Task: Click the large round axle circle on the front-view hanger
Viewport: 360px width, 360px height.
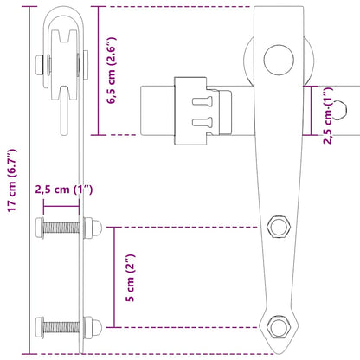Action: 278,59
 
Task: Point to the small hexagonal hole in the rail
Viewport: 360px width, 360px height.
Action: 345,112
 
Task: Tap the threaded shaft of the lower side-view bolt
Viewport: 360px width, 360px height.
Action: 65,327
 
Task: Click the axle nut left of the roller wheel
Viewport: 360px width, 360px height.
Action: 41,64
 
